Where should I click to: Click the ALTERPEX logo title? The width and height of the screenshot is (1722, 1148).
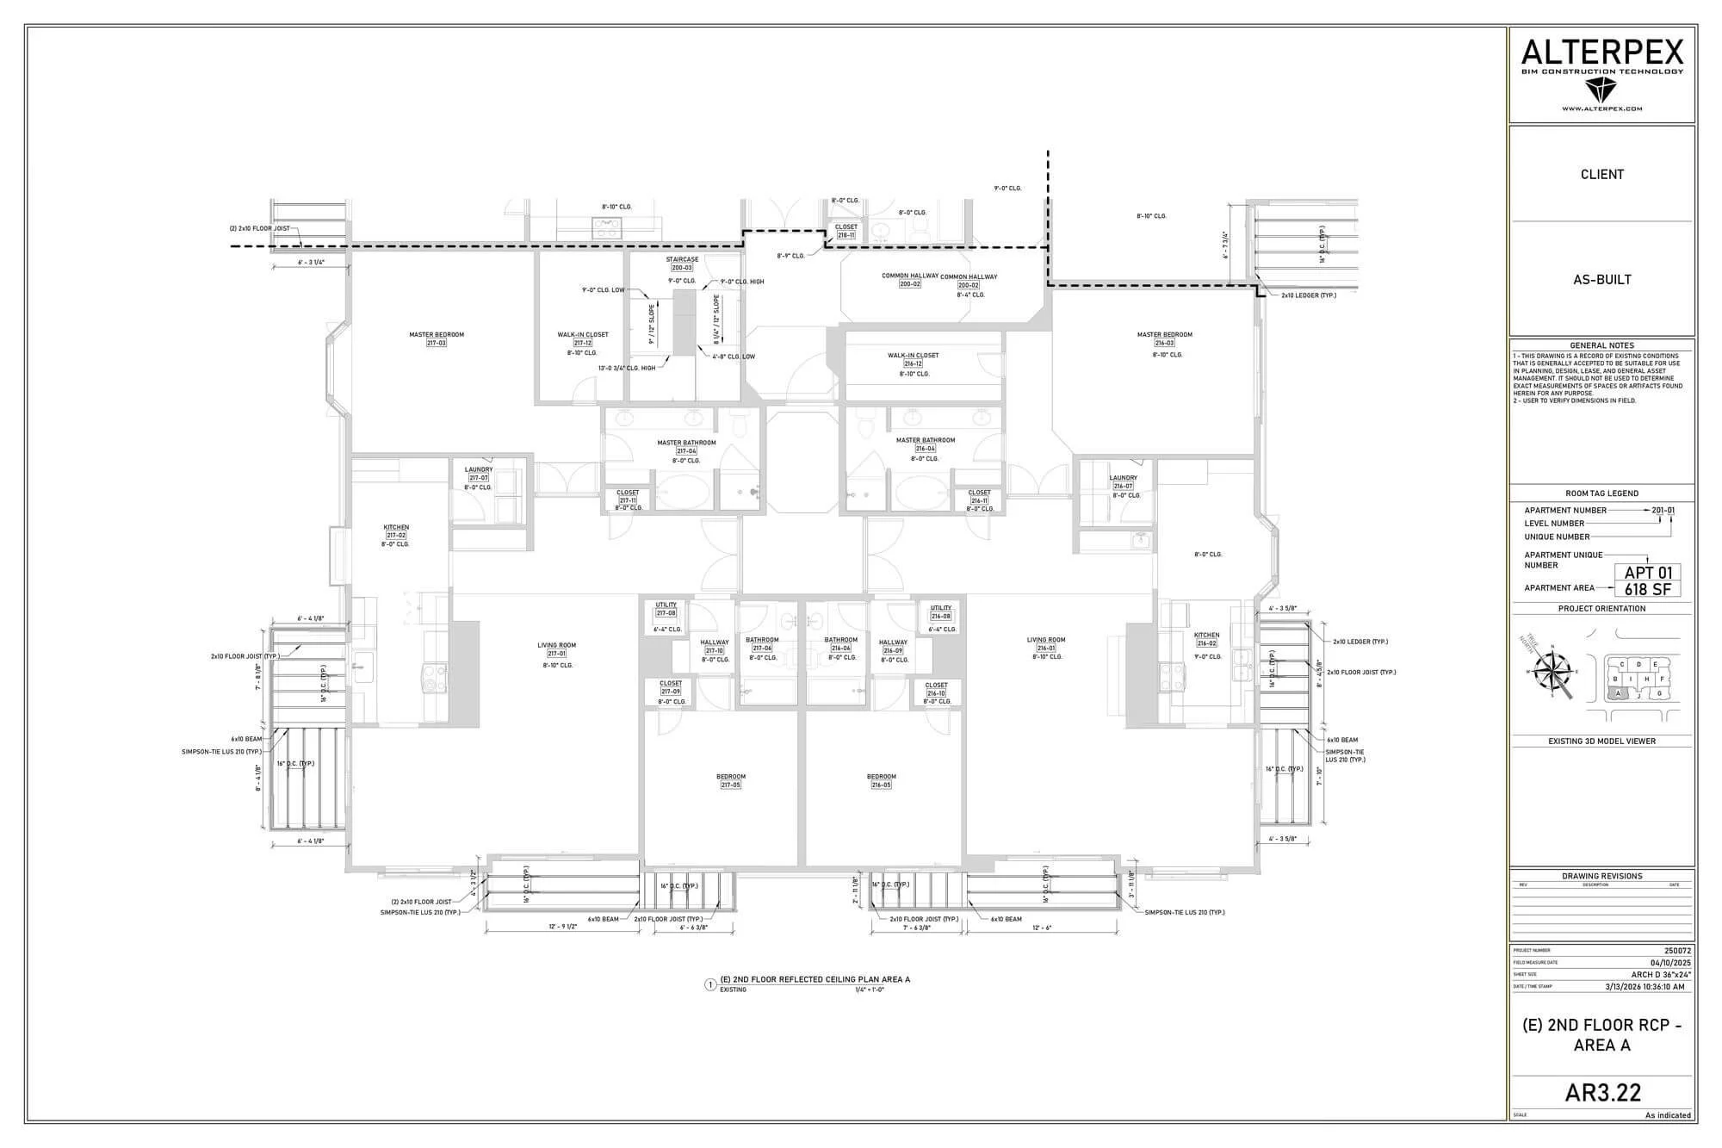point(1601,53)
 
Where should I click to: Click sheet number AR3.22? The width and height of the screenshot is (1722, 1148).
point(1602,1092)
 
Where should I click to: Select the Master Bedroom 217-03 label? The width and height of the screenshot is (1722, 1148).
point(437,338)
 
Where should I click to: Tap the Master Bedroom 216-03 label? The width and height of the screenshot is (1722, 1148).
point(1164,338)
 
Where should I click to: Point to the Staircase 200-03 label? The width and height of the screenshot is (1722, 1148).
point(682,264)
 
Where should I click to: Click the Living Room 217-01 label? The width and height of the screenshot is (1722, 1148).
point(556,649)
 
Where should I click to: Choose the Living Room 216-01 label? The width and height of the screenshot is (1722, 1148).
point(1045,644)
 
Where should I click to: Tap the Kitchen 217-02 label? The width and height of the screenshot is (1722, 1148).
point(396,531)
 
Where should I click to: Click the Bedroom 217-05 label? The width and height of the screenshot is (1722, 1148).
point(730,781)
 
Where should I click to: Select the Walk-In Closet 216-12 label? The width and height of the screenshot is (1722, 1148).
point(913,359)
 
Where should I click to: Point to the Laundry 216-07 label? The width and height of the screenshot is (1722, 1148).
point(1123,481)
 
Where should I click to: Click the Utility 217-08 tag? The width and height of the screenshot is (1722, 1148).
point(666,609)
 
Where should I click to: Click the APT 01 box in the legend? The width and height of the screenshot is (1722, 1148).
point(1647,573)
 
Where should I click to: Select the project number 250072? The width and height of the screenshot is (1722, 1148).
point(1677,951)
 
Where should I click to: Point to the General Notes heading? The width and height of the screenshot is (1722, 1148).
point(1601,345)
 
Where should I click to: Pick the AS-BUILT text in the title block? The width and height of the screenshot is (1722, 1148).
point(1601,279)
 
